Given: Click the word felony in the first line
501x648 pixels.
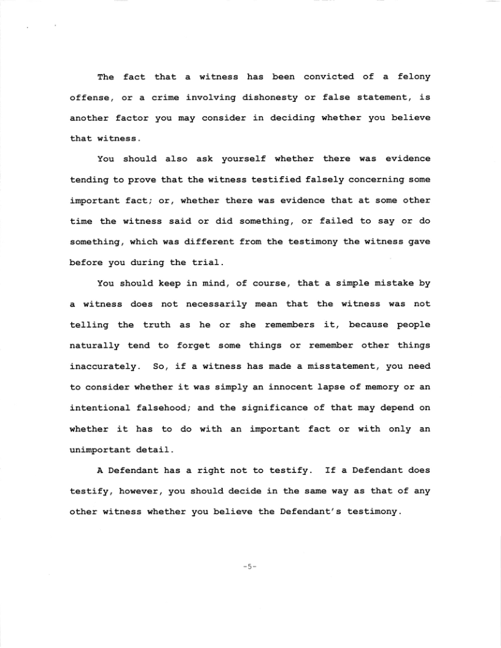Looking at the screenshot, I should click(414, 77).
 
